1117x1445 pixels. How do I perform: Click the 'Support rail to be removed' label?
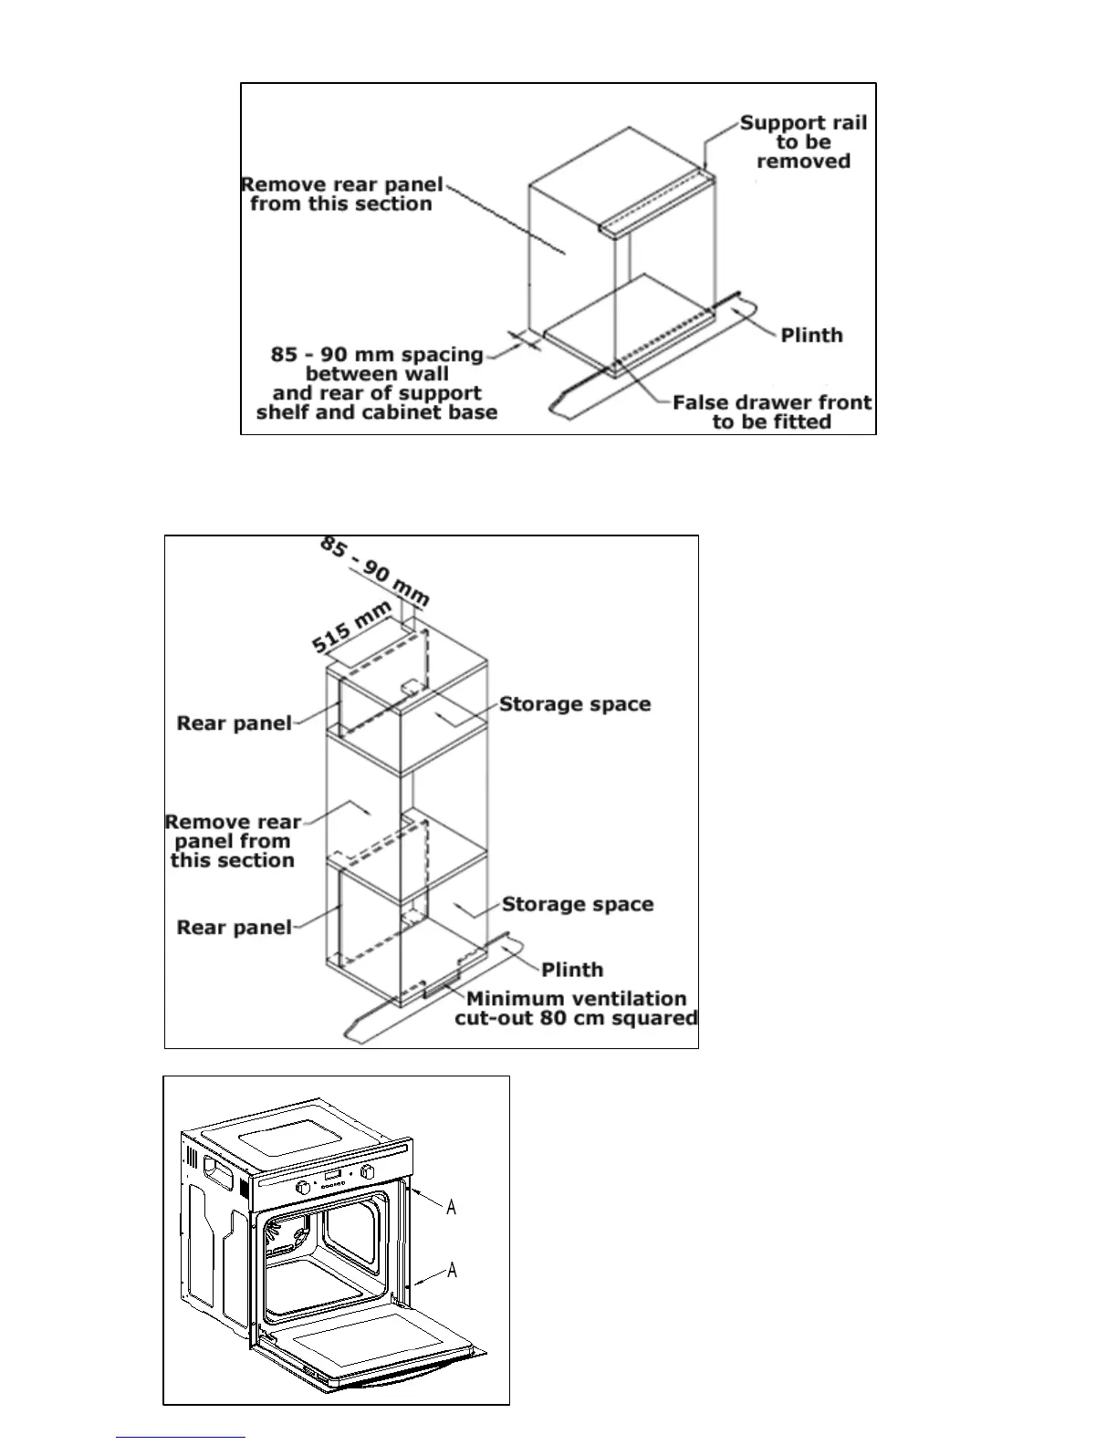click(x=803, y=141)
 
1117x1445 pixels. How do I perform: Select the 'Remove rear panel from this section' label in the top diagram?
click(x=342, y=193)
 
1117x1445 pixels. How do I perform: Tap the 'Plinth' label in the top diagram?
click(x=811, y=335)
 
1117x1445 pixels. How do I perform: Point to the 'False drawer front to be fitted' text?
click(x=772, y=411)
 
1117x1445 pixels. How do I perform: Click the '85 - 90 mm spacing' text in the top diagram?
click(x=377, y=354)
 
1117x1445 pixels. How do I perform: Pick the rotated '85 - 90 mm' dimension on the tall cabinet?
click(x=374, y=572)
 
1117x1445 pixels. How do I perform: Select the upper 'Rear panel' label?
click(x=235, y=723)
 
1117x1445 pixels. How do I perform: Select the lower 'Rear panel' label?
click(x=235, y=928)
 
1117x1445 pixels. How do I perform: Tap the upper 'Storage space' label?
click(x=575, y=704)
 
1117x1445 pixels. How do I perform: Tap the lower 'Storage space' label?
click(x=578, y=904)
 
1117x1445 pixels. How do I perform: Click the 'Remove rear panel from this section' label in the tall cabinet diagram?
click(x=234, y=841)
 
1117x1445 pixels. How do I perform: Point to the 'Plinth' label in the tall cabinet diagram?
click(x=572, y=969)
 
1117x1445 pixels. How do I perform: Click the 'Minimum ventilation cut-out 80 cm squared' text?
click(x=576, y=1008)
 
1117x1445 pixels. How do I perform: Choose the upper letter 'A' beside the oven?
click(x=451, y=1208)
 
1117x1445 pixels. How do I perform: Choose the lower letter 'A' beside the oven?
click(x=451, y=1270)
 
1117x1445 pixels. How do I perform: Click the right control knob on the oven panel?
click(x=370, y=1171)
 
